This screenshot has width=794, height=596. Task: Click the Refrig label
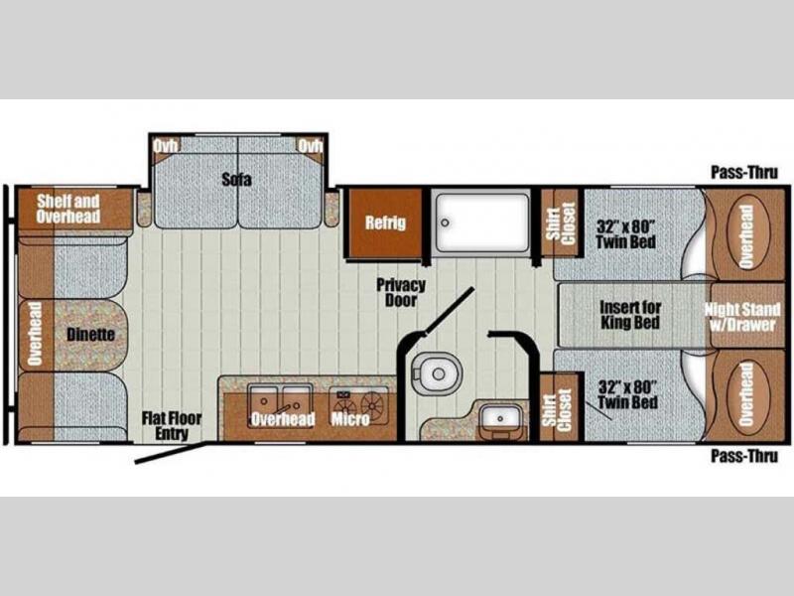point(385,223)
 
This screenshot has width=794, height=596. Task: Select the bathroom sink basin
point(500,417)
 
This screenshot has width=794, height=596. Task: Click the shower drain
point(445,222)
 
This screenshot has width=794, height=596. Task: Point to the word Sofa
point(236,179)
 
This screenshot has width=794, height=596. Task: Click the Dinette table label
point(90,335)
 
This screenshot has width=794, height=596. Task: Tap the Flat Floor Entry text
point(172,426)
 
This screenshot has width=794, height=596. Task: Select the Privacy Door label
point(401,292)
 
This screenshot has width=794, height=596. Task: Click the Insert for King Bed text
point(630,315)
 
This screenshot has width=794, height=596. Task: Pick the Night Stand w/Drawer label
point(742,317)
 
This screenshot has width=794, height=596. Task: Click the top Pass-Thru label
point(744,172)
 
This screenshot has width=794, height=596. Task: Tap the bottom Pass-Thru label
point(744,456)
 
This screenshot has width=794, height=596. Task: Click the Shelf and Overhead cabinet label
point(68,209)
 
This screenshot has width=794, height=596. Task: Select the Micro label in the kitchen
point(350,418)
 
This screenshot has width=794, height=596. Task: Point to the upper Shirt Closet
point(561,223)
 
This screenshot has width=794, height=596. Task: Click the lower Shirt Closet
point(560,408)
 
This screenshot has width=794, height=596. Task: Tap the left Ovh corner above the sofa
point(166,146)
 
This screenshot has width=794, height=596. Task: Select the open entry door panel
point(171,453)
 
